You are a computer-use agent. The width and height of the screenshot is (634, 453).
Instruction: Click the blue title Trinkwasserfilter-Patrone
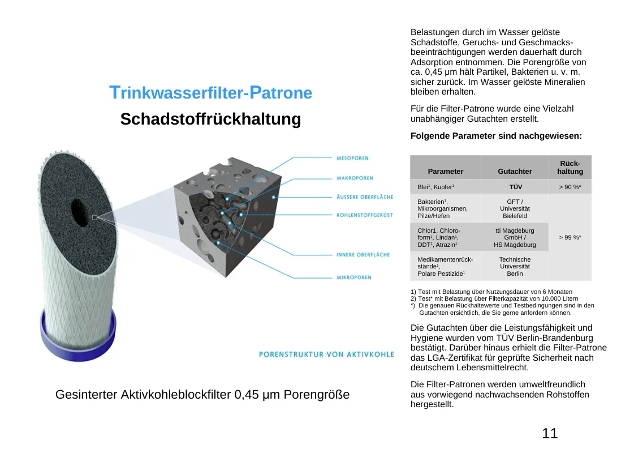[210, 93]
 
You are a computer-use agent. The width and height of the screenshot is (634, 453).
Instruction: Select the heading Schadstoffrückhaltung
[210, 119]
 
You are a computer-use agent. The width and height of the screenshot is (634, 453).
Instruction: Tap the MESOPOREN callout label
[352, 159]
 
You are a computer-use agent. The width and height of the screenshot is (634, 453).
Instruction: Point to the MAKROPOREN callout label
[355, 178]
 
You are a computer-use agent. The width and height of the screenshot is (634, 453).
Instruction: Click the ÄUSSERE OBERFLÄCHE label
[365, 197]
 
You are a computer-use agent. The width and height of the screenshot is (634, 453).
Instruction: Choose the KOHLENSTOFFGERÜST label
[364, 215]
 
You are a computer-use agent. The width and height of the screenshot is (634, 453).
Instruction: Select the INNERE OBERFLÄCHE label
[363, 255]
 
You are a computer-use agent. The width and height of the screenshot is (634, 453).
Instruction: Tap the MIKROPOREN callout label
[354, 277]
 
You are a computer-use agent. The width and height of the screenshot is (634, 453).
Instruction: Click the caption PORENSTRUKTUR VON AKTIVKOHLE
[326, 354]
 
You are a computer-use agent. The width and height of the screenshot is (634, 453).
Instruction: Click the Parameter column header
[446, 171]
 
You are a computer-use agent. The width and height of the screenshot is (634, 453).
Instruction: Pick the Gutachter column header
[515, 171]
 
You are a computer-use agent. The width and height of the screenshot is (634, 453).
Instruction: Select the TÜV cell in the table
[515, 187]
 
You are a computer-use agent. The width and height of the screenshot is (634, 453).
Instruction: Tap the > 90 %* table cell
[570, 187]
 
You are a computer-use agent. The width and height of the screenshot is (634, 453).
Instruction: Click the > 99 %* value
[570, 237]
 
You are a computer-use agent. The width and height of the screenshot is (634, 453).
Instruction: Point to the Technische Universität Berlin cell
[515, 266]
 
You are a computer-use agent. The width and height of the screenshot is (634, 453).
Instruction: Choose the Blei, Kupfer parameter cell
[436, 187]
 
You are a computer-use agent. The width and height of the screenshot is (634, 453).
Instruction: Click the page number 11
[550, 434]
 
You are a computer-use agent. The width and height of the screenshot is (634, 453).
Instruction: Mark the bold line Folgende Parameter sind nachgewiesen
[496, 136]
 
